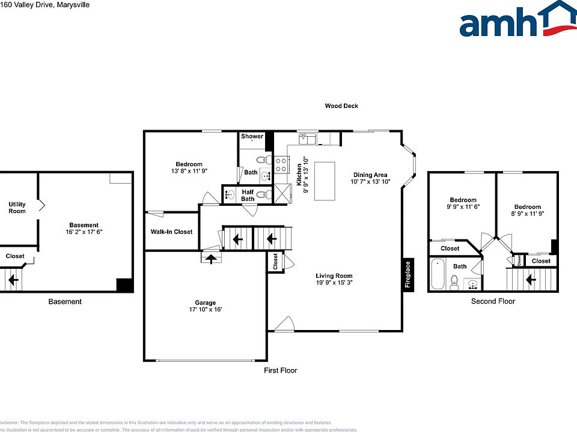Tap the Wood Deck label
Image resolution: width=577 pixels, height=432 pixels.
pos(341,106)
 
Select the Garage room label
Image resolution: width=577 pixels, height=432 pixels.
pos(205,303)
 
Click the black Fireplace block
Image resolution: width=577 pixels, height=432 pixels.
pos(408,275)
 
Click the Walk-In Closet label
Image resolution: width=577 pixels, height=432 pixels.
pos(171,232)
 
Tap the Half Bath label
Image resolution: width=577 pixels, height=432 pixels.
pos(248,196)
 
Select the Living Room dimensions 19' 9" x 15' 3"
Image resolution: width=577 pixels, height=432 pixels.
pos(334,283)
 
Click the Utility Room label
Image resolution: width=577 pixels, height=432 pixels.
pos(17,208)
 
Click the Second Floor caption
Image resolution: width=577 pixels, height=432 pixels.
pos(493,301)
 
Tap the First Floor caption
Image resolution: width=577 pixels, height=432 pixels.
pos(281,370)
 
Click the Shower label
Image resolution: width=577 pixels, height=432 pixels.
pos(252,136)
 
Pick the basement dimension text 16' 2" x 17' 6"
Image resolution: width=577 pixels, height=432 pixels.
pos(84,232)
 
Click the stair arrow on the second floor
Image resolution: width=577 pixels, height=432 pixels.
pos(531,280)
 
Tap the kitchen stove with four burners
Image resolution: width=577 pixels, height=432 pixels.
pos(281,164)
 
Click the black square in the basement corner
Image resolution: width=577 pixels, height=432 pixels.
pos(124,285)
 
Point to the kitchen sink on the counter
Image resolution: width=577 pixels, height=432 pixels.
pos(308,139)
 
